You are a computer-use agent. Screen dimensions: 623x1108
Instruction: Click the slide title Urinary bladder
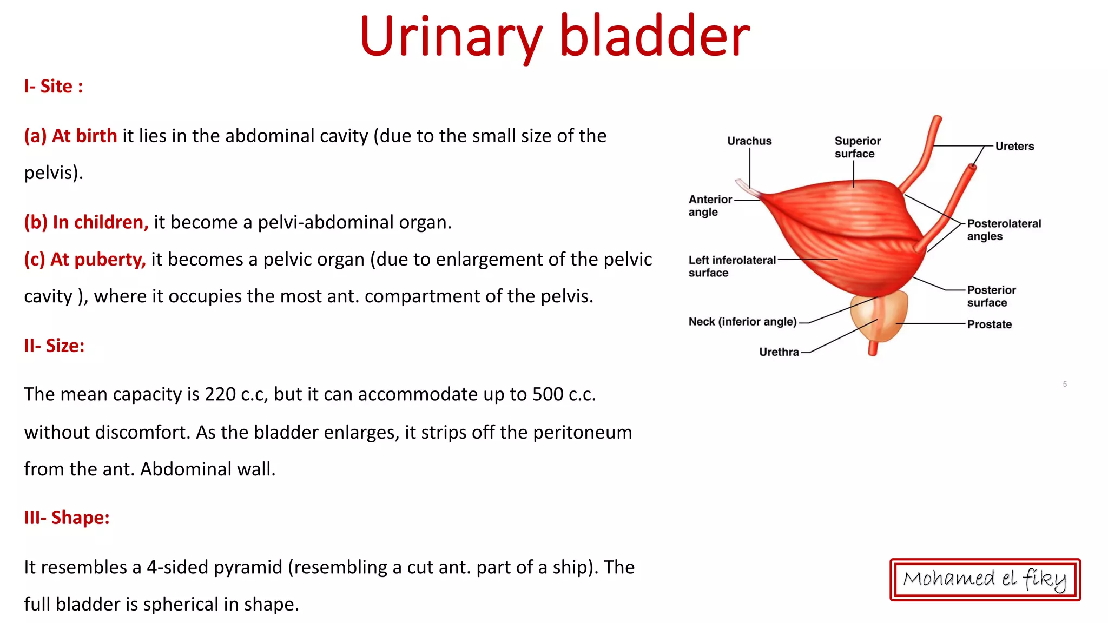554,37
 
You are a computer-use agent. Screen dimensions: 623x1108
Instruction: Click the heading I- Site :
53,87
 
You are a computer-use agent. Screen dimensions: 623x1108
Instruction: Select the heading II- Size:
54,346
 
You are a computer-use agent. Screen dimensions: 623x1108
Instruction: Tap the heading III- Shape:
67,518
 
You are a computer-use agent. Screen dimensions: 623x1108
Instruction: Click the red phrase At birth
84,136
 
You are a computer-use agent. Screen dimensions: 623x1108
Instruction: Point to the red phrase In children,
100,222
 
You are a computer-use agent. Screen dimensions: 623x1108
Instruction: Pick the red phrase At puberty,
97,260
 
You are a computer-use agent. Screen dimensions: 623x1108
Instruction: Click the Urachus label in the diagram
749,141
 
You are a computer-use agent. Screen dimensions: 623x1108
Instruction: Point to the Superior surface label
857,147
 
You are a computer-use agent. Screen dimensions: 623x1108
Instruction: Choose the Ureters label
1014,147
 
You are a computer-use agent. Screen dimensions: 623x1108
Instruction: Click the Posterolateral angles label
1003,230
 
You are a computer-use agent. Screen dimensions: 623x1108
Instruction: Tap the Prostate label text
989,324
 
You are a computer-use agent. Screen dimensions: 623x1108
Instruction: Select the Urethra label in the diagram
779,352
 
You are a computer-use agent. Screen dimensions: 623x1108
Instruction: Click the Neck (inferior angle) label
742,322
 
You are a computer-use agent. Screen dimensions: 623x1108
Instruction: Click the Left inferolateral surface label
731,266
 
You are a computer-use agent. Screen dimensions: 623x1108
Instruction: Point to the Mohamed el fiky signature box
985,579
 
